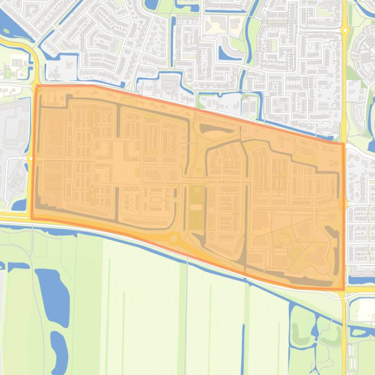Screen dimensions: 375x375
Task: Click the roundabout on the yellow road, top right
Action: click(x=345, y=30)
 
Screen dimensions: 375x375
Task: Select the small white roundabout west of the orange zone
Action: click(x=30, y=158)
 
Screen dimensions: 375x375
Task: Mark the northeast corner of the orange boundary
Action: click(x=343, y=143)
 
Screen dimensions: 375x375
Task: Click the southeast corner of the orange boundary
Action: click(x=343, y=290)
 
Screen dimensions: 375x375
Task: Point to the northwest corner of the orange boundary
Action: click(x=37, y=86)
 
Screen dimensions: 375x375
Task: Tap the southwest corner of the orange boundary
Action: click(x=32, y=218)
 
